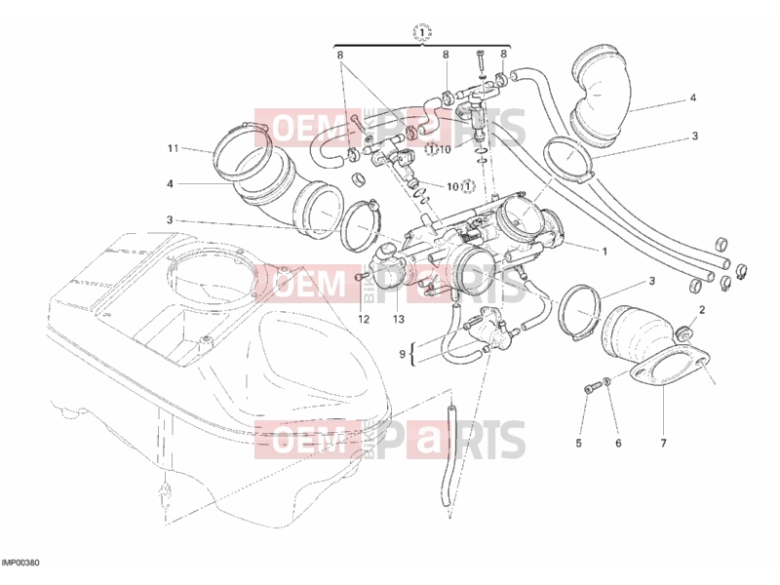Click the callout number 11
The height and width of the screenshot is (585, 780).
coord(173,149)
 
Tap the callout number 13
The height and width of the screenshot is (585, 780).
coord(399,320)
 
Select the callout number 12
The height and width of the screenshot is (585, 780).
coord(364,320)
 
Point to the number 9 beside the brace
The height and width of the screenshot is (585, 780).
coord(403,355)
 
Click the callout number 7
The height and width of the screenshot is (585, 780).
coord(663,443)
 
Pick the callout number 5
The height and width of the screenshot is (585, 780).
coord(578,443)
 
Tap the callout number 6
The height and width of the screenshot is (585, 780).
coord(618,443)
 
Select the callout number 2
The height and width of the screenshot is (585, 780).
coord(702,310)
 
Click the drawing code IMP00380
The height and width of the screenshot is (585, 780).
coord(20,564)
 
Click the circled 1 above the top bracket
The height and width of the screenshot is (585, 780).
coord(422,33)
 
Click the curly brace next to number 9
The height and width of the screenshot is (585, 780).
coord(413,354)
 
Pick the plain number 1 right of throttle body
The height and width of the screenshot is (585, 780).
coord(604,252)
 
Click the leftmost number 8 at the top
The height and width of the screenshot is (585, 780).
coord(340,55)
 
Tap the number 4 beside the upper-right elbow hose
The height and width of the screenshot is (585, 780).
coord(693,98)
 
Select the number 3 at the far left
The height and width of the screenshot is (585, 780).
coord(170,220)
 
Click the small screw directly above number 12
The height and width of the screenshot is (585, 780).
coord(362,277)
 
